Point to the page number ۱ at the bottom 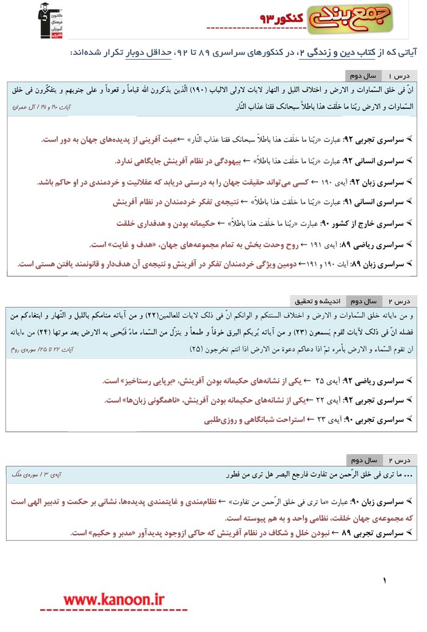click(385, 581)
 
